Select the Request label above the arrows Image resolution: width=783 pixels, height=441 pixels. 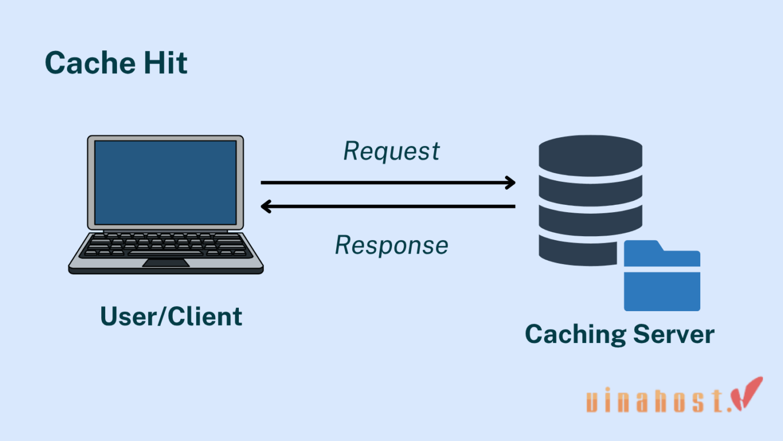(391, 152)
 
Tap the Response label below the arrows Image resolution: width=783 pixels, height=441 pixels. (391, 245)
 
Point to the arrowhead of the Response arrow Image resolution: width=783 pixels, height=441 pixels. (266, 207)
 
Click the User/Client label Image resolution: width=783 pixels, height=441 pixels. (171, 316)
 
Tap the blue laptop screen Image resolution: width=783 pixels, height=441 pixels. (166, 182)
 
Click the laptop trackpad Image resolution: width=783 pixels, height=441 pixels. (166, 263)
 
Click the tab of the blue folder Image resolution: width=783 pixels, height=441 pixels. (641, 246)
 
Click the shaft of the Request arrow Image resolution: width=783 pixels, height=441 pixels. (386, 182)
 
